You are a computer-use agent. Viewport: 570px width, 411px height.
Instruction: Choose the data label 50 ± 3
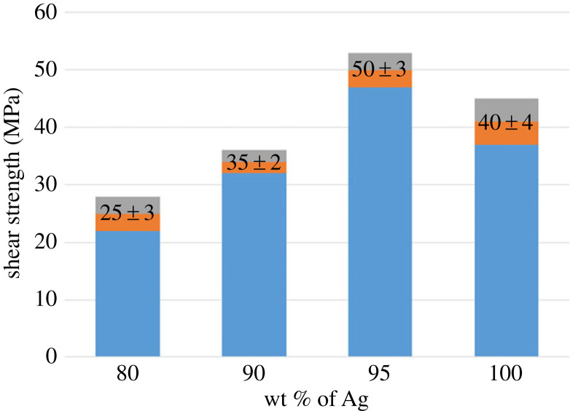[380, 71]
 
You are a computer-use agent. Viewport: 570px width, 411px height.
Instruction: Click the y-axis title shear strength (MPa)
[15, 185]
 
